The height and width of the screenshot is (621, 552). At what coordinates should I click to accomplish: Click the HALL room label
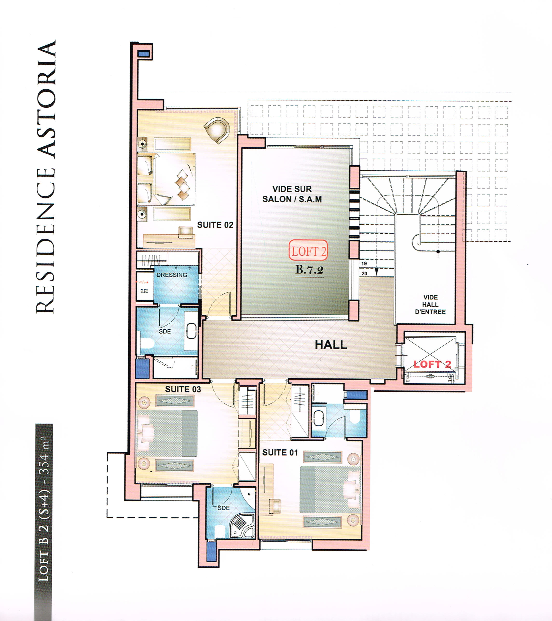point(331,344)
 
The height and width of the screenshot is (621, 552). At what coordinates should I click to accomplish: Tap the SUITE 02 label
point(215,225)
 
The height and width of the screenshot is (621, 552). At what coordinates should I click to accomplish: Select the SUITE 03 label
point(183,389)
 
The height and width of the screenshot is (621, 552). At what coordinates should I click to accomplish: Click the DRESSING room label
point(171,275)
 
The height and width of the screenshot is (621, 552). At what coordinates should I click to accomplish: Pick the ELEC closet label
point(144,291)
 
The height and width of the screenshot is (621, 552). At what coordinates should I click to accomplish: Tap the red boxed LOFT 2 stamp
point(308,250)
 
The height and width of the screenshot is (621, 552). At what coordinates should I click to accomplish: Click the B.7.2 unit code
point(309,270)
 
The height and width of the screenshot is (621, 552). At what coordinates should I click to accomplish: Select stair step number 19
point(364,263)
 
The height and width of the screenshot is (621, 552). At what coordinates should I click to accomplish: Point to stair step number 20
point(364,273)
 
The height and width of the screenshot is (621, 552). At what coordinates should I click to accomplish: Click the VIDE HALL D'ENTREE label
point(430,304)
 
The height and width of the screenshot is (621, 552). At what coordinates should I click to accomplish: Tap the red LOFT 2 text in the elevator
point(432,364)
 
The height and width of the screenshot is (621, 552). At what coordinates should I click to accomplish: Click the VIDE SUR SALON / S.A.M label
point(292,194)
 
